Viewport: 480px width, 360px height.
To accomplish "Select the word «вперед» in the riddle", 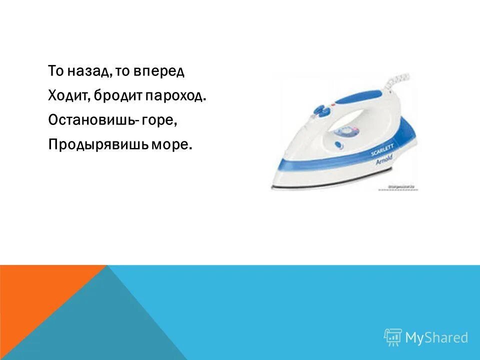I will pyautogui.click(x=160, y=71).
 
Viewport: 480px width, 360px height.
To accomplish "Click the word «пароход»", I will pyautogui.click(x=175, y=96).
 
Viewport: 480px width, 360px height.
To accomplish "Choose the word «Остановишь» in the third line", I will pyautogui.click(x=88, y=120).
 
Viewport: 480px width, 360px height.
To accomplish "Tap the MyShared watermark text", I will pyautogui.click(x=436, y=337).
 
